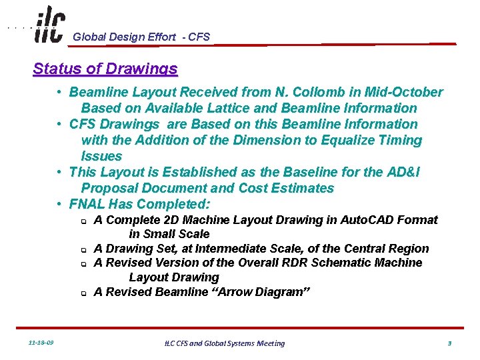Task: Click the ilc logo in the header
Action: point(49,25)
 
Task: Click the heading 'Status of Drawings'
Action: point(105,69)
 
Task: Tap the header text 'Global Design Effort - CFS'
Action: point(141,37)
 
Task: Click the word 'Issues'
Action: point(101,156)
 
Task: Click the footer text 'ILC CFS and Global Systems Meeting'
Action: point(225,343)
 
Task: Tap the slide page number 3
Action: point(449,343)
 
